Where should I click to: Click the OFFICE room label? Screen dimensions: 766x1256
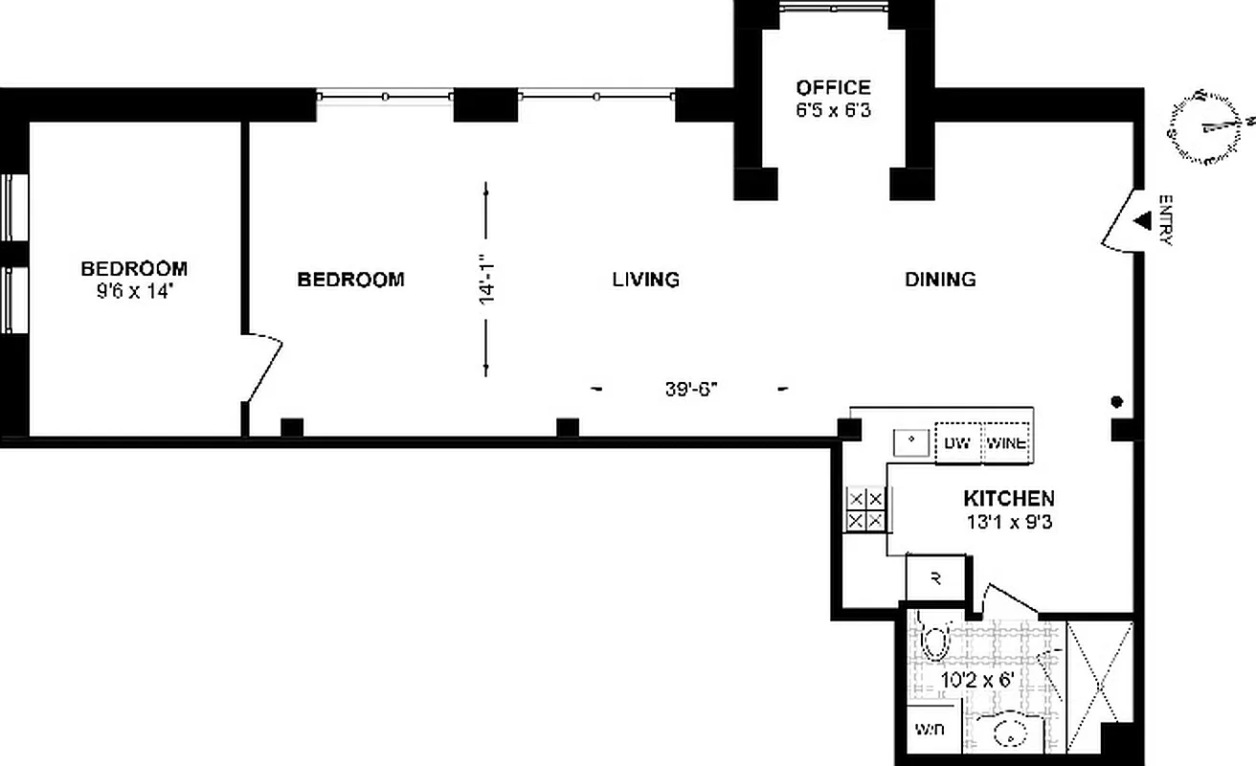click(x=832, y=88)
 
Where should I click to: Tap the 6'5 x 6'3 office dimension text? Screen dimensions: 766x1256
click(x=832, y=110)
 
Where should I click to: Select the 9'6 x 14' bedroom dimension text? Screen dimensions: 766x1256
click(x=133, y=291)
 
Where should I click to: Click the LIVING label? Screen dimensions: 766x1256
click(x=645, y=280)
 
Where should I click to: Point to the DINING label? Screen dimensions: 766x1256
click(x=940, y=280)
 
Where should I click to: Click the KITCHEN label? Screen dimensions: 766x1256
click(x=1008, y=499)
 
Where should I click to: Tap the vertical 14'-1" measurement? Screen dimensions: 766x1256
click(x=486, y=280)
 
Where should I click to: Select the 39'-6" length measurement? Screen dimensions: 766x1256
click(x=691, y=390)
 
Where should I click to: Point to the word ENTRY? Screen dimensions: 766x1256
click(x=1165, y=220)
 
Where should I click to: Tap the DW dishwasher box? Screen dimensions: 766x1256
click(x=957, y=443)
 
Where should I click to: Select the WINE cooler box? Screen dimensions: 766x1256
click(x=1007, y=443)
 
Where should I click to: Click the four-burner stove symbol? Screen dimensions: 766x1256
click(x=866, y=509)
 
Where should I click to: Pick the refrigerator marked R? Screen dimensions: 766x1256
click(x=935, y=578)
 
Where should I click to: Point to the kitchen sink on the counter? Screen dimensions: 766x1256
click(x=910, y=442)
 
